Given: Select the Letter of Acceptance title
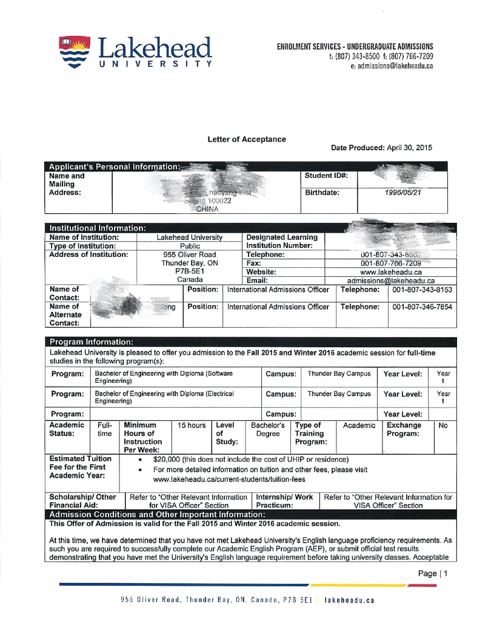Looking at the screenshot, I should pos(246,139).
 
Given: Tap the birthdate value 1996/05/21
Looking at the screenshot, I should pos(402,193).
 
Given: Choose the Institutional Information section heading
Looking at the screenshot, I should pos(97,228).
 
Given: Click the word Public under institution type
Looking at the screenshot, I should pos(190,247).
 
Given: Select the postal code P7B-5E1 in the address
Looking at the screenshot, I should pos(190,272).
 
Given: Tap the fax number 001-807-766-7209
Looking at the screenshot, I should pos(390,263).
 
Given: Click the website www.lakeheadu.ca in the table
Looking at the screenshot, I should pos(390,273).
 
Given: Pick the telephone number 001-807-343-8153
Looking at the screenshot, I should pos(423,290).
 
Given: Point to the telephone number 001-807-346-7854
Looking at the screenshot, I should pos(423,307).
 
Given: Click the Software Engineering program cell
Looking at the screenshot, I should pos(164,377).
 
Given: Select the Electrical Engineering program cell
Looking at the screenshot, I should pos(164,397).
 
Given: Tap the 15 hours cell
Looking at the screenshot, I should pos(192,426).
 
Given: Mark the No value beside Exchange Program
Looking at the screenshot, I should pos(443,426).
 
